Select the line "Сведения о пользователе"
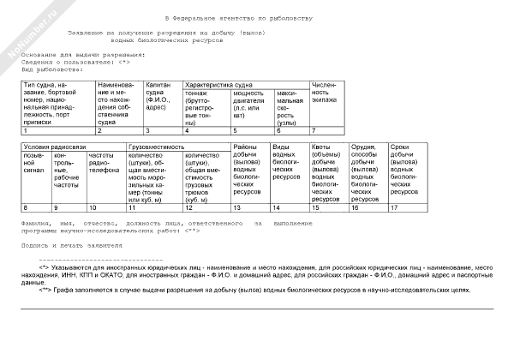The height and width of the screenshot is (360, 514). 75,62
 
